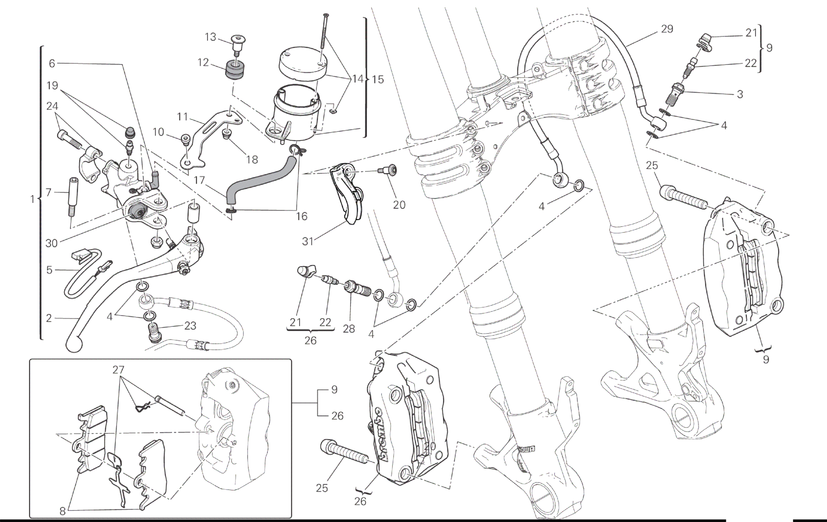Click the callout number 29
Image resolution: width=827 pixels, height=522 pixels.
667,29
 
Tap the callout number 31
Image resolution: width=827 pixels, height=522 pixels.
308,242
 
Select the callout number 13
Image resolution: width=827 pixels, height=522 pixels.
210,37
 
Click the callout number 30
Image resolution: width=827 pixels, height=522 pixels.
51,243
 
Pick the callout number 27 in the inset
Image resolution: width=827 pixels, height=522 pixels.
118,370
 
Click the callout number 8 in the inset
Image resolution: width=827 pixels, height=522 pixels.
62,511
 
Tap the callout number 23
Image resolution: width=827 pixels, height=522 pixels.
190,326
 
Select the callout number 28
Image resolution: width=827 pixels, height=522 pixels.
349,329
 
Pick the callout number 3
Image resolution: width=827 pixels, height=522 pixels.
740,94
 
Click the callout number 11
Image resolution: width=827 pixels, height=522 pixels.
183,117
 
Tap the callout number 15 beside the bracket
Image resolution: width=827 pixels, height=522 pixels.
378,79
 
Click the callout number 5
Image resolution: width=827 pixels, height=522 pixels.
49,270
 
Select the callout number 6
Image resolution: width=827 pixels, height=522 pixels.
52,63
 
